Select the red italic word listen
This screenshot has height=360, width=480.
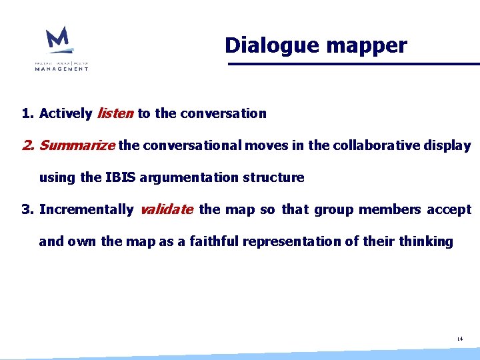coord(115,113)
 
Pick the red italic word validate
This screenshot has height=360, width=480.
coord(167,209)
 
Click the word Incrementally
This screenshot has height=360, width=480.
coord(86,209)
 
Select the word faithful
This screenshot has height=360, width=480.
coord(214,241)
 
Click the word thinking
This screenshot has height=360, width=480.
coord(426,241)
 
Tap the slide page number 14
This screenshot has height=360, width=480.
coord(459,339)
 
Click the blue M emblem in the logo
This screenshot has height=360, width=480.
coord(59,40)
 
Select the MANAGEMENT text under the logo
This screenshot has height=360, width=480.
coord(61,68)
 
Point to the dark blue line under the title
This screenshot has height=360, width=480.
coord(353,64)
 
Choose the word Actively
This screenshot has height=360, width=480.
coord(65,113)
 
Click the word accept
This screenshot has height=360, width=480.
coord(449,209)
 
